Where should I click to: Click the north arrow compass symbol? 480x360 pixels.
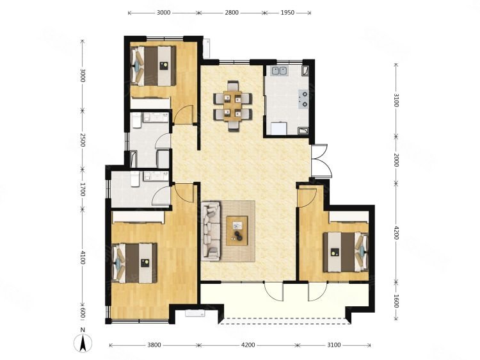pos(83,343)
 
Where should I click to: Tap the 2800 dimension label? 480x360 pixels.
pos(232,13)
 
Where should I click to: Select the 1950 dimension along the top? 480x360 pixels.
pos(287,13)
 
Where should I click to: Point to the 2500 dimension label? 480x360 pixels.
pos(82,140)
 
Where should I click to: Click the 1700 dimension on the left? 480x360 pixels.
pos(82,189)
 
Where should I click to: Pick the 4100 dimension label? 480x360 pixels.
pos(82,258)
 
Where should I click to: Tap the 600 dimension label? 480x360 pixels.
pos(82,313)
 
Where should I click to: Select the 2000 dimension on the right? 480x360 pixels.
pos(396,160)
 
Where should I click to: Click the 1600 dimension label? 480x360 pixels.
pos(396,301)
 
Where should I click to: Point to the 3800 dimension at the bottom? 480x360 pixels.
pos(154,345)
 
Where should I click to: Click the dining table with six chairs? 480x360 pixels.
pos(233,106)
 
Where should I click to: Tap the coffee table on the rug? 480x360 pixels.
pos(237,231)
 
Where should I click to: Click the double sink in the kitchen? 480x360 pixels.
pos(279,71)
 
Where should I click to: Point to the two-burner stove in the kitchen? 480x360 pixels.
pos(303,99)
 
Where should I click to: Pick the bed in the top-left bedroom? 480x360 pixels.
pos(153,66)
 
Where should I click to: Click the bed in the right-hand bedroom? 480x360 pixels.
pos(346,252)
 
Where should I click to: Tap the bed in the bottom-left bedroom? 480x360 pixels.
pos(134,263)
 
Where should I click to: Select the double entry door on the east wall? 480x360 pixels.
pos(321,161)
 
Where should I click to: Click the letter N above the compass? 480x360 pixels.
pos(83,330)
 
